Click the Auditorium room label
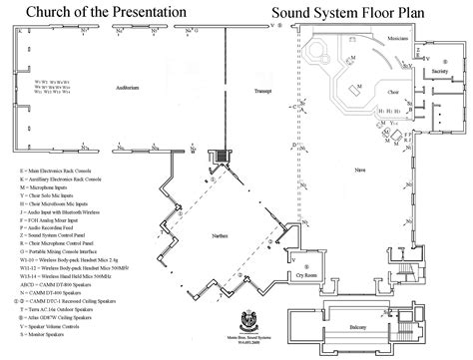tap(141, 88)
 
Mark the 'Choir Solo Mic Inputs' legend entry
tap(64, 186)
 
